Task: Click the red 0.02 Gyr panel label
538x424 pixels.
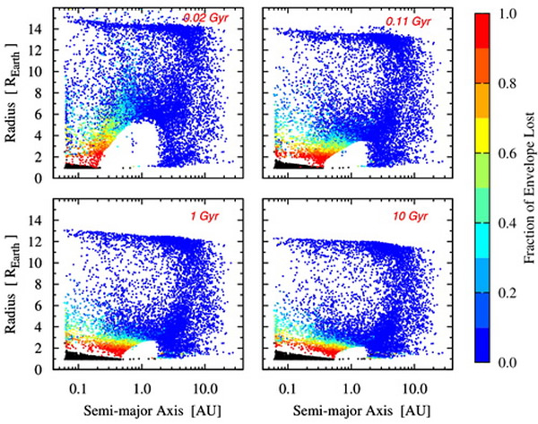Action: click(204, 17)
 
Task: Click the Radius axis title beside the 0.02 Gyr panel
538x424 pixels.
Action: click(13, 90)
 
